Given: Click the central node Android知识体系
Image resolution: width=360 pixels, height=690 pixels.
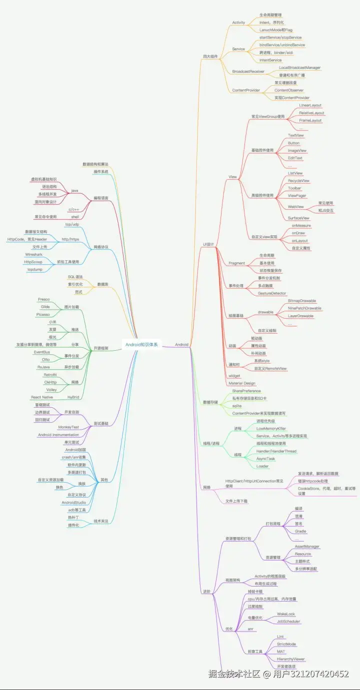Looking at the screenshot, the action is click(141, 344).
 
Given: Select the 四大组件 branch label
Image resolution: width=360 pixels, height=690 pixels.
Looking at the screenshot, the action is click(210, 56).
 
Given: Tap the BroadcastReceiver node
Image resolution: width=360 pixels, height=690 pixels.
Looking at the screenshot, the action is click(248, 71).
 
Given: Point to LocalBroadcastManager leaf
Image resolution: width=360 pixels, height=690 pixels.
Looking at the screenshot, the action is click(299, 67).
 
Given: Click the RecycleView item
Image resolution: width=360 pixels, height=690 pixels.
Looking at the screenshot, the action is click(298, 180).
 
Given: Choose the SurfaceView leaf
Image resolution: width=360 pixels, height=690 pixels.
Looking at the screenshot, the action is click(298, 218).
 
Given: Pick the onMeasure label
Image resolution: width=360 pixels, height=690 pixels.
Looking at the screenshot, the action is click(301, 225).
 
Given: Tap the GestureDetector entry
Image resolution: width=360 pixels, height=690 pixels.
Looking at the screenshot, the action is click(272, 293).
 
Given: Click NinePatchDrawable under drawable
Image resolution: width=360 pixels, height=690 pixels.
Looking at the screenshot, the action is click(304, 308).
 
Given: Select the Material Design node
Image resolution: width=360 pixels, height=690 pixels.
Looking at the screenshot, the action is click(242, 383).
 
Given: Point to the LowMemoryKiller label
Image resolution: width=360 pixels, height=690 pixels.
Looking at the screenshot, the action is click(271, 429).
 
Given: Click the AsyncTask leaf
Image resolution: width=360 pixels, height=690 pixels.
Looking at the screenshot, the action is click(265, 459).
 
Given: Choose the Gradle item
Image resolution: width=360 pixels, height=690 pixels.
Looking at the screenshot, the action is click(300, 531).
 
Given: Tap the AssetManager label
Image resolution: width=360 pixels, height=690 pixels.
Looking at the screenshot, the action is click(307, 547).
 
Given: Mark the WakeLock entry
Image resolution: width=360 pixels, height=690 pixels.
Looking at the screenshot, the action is click(286, 614).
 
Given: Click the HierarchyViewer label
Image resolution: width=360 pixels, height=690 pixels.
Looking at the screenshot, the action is click(291, 659).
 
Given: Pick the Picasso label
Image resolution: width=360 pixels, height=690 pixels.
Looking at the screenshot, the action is click(42, 314).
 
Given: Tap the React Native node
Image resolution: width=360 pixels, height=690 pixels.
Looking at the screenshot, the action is click(42, 397).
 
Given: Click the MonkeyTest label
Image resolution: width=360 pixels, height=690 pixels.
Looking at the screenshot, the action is click(68, 427).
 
